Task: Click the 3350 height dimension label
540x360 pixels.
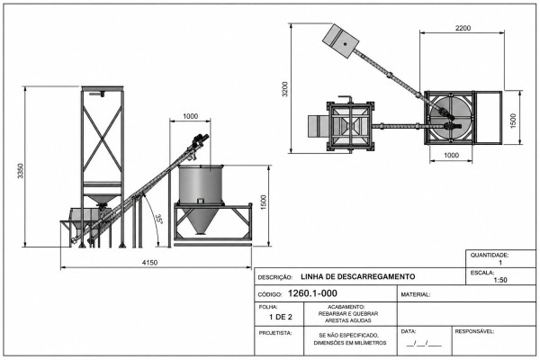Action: click(21, 170)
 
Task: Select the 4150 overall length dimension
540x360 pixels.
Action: click(149, 263)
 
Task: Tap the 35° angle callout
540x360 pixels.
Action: click(158, 219)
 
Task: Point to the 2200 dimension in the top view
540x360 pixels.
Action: click(463, 28)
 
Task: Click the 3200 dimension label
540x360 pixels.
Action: click(284, 89)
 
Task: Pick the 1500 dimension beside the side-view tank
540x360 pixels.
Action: click(264, 202)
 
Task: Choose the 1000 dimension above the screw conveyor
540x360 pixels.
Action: click(190, 116)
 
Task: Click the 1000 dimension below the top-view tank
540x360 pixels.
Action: click(451, 155)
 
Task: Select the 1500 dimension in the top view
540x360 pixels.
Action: click(513, 121)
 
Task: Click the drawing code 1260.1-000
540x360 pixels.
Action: click(312, 293)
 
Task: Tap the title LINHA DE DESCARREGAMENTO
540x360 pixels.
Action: click(358, 276)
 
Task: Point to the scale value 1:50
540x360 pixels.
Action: click(500, 280)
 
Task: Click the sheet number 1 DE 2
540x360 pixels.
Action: click(281, 317)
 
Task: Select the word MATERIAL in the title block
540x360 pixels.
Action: click(415, 295)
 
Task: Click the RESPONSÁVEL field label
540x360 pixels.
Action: click(474, 331)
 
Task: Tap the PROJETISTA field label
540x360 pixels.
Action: click(275, 333)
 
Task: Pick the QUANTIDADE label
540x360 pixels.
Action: click(490, 256)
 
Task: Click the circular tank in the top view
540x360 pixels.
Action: click(451, 117)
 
